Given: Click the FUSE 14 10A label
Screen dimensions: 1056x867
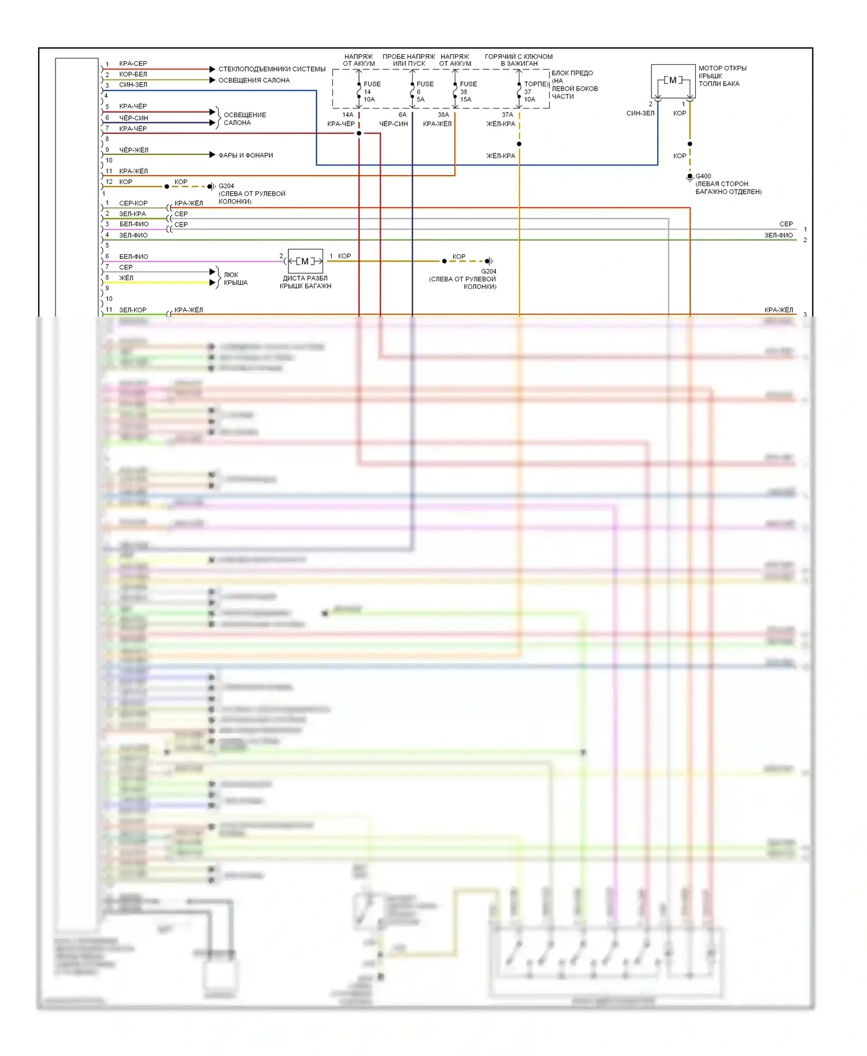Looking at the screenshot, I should click(370, 91).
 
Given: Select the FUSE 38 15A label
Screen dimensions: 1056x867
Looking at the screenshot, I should click(467, 91).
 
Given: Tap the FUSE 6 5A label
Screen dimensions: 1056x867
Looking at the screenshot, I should click(424, 91).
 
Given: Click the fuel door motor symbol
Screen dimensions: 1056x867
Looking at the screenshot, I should click(673, 81).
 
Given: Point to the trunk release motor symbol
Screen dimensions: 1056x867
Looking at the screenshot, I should click(305, 261).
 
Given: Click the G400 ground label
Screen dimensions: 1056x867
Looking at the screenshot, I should click(703, 176).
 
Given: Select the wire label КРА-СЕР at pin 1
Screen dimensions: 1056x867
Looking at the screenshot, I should click(133, 64).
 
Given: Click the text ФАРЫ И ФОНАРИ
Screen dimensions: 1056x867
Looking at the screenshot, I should click(246, 155).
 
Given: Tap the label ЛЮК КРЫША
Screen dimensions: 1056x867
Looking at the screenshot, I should click(235, 278).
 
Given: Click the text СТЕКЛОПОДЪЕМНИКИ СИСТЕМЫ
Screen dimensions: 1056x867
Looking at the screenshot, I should click(272, 69).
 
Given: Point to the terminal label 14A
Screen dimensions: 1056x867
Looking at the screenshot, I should click(347, 114).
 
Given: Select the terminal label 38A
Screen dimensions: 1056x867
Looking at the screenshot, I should click(443, 114).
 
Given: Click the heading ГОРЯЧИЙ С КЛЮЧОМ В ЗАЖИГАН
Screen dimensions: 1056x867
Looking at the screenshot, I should click(518, 60).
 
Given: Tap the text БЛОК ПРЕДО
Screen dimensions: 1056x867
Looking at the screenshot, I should click(572, 73).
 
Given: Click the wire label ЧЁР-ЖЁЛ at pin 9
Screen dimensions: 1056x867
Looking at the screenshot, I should click(134, 150).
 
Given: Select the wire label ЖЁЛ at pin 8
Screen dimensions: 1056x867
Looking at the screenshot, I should click(126, 278).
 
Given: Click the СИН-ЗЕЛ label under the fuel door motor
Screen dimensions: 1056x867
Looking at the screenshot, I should click(640, 113).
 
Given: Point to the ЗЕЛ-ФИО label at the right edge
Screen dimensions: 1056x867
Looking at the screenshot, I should click(778, 235).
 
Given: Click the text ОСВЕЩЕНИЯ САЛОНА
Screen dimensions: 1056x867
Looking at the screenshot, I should click(254, 80).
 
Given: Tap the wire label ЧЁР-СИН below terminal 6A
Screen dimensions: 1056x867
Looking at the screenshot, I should click(394, 124).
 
